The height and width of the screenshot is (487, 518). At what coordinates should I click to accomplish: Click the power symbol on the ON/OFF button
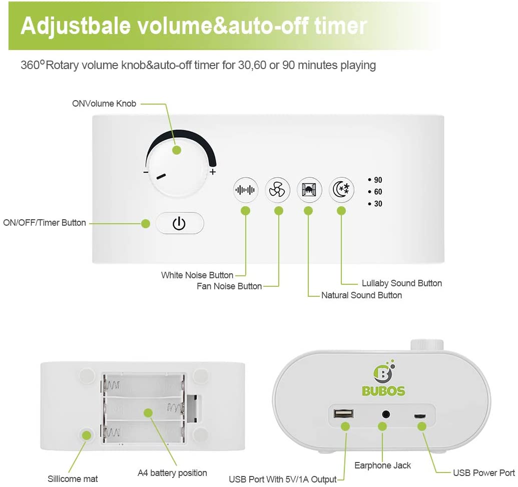click(x=179, y=223)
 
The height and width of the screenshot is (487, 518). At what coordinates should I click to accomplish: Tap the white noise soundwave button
click(x=245, y=190)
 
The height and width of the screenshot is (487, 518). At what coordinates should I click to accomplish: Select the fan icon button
click(x=277, y=190)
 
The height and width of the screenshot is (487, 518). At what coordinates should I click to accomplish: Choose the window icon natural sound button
click(x=309, y=190)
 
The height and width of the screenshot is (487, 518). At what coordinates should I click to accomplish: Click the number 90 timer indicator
click(x=378, y=180)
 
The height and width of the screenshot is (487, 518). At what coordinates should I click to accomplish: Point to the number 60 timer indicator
click(x=378, y=192)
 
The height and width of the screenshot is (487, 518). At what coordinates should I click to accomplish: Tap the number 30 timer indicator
click(x=378, y=204)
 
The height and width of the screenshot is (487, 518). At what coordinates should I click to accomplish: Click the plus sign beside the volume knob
click(x=213, y=172)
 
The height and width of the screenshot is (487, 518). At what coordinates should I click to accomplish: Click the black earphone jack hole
click(x=385, y=414)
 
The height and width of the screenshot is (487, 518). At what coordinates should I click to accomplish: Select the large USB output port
click(x=343, y=413)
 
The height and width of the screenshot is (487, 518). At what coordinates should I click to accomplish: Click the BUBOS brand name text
click(x=383, y=391)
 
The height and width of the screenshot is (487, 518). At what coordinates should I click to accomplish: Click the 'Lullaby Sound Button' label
click(x=402, y=283)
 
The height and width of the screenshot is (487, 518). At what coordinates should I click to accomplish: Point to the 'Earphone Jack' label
click(x=382, y=465)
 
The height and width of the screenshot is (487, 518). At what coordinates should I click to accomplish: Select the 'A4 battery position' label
click(x=172, y=473)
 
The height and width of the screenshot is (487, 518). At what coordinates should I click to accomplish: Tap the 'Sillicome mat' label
click(x=73, y=478)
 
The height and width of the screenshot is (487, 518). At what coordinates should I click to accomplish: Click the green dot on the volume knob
click(x=177, y=150)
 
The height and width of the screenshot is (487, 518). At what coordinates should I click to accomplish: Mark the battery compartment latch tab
click(x=193, y=409)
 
